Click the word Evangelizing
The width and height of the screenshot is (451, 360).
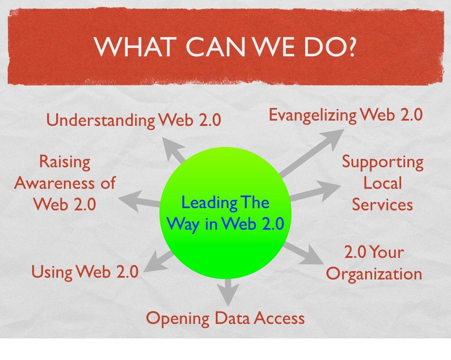pos(312,115)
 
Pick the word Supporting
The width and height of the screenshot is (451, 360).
pos(383,162)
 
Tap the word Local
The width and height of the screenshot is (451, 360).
pos(382,183)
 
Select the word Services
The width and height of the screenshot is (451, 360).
pos(382,205)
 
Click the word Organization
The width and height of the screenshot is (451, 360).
pos(374,274)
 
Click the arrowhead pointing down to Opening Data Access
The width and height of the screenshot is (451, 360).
pos(227,294)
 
